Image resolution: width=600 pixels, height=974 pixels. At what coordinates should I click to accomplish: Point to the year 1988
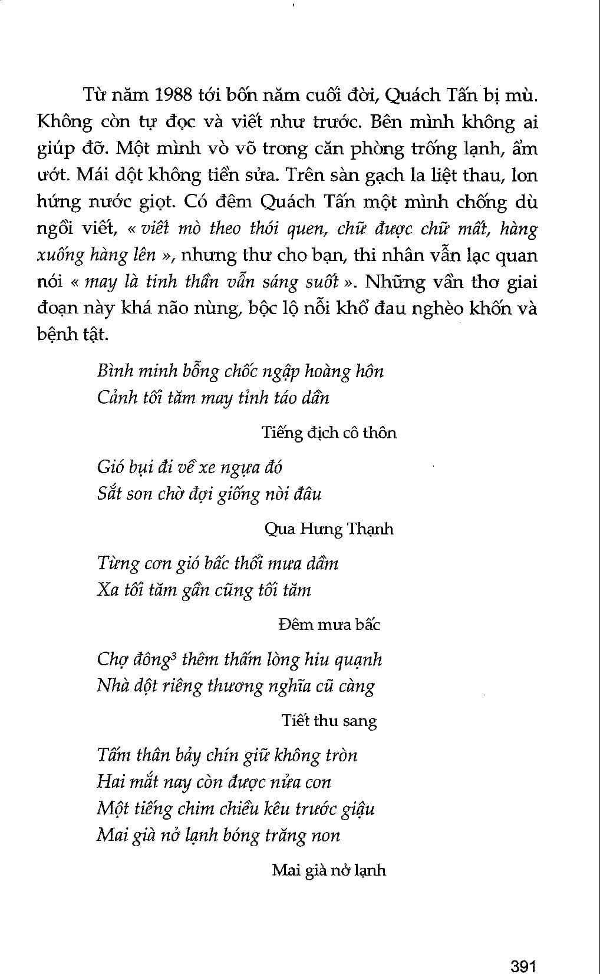[x=171, y=95]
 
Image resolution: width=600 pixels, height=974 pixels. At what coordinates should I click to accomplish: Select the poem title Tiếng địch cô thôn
[x=329, y=433]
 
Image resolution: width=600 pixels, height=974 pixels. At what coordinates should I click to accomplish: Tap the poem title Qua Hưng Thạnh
[x=329, y=529]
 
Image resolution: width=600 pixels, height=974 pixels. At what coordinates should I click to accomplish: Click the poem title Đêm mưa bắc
[x=329, y=625]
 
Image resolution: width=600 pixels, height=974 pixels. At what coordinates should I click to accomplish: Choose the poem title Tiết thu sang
[x=329, y=721]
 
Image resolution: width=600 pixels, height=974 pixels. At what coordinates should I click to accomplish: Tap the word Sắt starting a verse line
[x=110, y=494]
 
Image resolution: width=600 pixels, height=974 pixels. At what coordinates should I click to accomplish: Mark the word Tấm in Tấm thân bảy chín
[x=114, y=755]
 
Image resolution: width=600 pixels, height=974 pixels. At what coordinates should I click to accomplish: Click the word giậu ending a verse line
[x=357, y=809]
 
